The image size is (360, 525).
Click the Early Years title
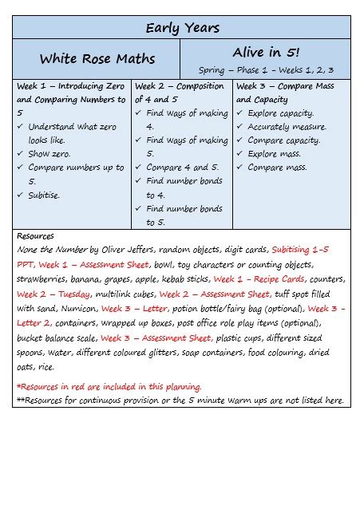tap(182, 28)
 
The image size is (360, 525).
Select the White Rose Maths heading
tap(97, 58)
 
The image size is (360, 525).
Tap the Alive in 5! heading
tap(266, 53)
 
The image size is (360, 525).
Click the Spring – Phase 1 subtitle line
tap(266, 70)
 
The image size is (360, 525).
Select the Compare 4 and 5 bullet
tap(182, 168)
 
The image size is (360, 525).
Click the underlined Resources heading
tap(35, 236)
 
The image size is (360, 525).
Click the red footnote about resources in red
tap(109, 386)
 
